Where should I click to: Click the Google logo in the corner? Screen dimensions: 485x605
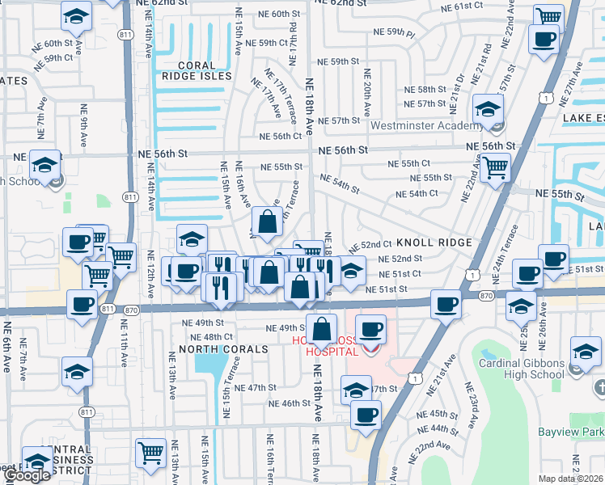(x=27, y=475)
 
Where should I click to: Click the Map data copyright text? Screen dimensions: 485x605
(x=572, y=479)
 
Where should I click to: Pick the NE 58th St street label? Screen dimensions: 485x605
(x=425, y=89)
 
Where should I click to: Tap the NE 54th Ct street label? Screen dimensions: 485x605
(x=417, y=193)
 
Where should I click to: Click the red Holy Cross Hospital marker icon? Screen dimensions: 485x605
(x=371, y=349)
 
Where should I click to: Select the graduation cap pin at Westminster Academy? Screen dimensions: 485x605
(x=489, y=110)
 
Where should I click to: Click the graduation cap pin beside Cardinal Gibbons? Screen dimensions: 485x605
(x=586, y=352)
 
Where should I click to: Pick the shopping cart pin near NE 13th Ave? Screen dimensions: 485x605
(x=151, y=453)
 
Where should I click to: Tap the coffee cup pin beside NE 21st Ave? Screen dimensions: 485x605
(x=446, y=305)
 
